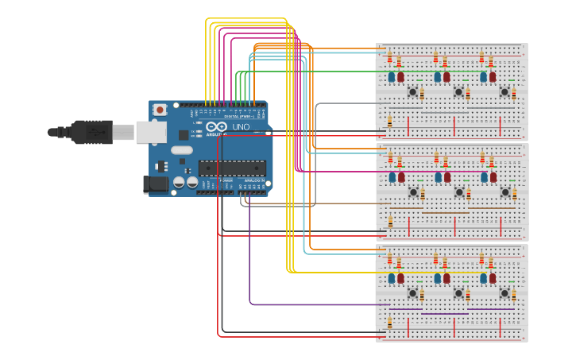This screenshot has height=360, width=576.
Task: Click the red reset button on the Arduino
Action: point(160,110)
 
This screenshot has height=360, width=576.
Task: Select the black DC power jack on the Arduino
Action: point(157,184)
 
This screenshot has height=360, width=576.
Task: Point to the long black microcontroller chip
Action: point(232,167)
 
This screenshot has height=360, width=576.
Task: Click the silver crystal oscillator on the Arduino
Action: point(182,149)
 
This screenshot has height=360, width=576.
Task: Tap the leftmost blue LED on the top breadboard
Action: point(392,77)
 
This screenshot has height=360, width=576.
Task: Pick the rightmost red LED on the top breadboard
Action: point(493,77)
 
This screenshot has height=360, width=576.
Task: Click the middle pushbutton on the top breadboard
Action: point(458,92)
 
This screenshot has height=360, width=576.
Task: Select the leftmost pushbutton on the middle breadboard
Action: point(413,192)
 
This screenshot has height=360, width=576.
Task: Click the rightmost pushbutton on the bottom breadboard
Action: point(504,293)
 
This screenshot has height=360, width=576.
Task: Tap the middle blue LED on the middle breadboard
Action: point(438,177)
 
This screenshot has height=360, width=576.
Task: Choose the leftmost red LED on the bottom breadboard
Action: point(400,278)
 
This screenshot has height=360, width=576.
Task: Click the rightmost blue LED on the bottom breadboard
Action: point(483,278)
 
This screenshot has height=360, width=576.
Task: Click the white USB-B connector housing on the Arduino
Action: point(150,132)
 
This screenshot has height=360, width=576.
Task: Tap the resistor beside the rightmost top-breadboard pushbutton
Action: point(513,94)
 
